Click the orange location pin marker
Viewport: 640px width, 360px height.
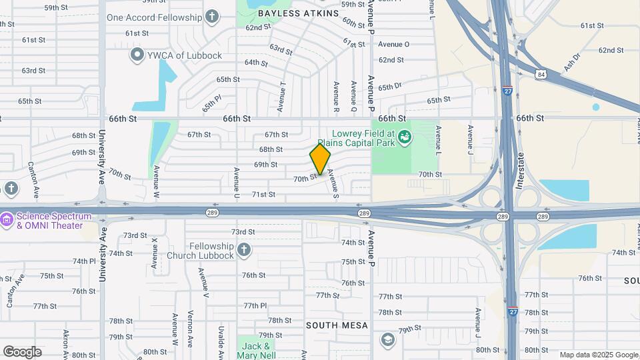click(x=320, y=159)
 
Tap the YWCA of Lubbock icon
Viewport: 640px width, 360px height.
click(x=138, y=55)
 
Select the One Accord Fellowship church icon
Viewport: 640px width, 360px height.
click(x=212, y=17)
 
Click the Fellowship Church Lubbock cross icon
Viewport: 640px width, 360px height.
click(x=244, y=250)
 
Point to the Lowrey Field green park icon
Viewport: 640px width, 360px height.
click(x=403, y=138)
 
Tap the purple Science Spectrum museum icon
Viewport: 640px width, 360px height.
click(x=7, y=219)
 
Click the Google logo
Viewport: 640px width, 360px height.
click(x=22, y=352)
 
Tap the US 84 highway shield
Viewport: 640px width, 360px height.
click(x=541, y=75)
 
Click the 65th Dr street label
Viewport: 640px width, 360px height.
click(x=390, y=87)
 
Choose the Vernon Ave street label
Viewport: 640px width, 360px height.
click(x=190, y=329)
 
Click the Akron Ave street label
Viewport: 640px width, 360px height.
click(x=65, y=343)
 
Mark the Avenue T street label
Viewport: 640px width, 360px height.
click(x=282, y=97)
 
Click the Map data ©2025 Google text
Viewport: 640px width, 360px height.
click(x=598, y=355)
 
